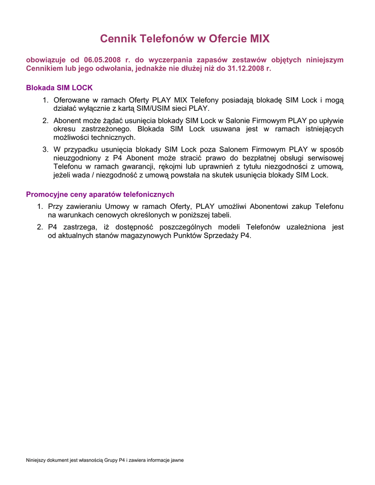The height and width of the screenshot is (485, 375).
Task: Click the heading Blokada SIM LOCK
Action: click(x=59, y=88)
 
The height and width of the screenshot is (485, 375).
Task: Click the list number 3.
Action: click(x=45, y=150)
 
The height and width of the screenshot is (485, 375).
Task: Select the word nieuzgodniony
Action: click(x=77, y=158)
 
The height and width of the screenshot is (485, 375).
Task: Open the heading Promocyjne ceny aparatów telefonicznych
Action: click(x=100, y=194)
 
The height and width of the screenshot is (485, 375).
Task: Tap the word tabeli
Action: click(x=220, y=215)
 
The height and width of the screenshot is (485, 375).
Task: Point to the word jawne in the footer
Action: click(x=176, y=460)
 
